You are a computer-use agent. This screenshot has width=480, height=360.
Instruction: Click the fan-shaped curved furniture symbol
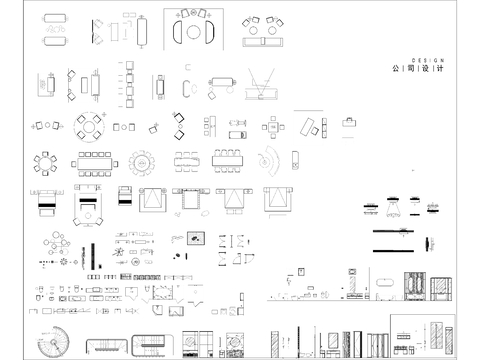(x=269, y=159)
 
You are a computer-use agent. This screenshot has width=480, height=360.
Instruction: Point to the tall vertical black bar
(x=93, y=254)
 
